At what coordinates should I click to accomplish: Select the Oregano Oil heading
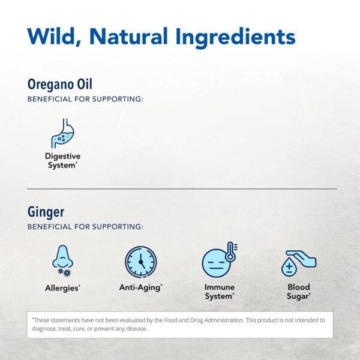[x=60, y=85]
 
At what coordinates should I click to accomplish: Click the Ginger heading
[x=46, y=212]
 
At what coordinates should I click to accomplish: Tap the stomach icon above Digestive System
[x=63, y=133]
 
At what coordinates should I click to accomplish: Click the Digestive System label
[x=62, y=160]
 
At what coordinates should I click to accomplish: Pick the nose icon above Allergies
[x=62, y=262]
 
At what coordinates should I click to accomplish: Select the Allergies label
[x=62, y=288]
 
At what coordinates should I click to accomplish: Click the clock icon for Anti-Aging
[x=140, y=262]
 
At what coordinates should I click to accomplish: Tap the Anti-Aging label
[x=140, y=287]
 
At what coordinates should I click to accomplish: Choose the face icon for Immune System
[x=216, y=263]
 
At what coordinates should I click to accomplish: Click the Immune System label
[x=219, y=292]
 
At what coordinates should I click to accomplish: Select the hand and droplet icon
[x=298, y=262]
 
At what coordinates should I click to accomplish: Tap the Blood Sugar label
[x=299, y=292]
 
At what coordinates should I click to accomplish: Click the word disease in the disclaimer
[x=134, y=328]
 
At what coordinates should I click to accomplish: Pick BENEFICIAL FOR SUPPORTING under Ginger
[x=85, y=227]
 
